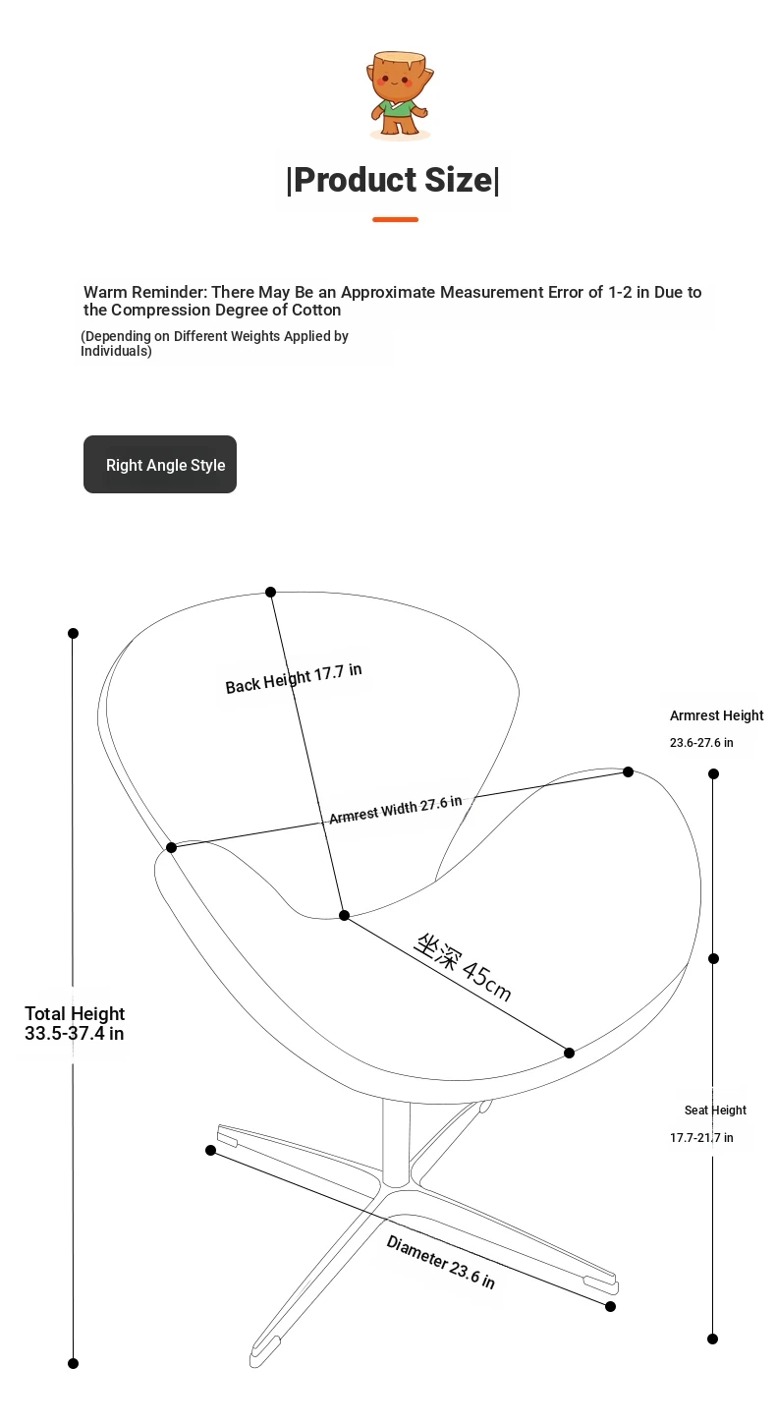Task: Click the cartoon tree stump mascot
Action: (x=400, y=94)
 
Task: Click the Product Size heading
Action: (x=393, y=180)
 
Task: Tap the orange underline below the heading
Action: (x=395, y=219)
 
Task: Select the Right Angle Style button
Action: (x=160, y=465)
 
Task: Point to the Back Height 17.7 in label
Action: (x=294, y=678)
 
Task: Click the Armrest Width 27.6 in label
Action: (x=395, y=810)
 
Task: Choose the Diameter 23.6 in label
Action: (x=440, y=1262)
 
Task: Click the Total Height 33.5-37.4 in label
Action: (x=75, y=1024)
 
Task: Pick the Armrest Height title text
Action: (x=716, y=715)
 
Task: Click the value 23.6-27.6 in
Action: (x=701, y=742)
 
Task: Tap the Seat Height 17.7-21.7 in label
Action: (x=707, y=1123)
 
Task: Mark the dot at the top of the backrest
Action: (x=270, y=593)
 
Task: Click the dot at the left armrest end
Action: (x=171, y=847)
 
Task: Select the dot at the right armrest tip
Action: (x=629, y=771)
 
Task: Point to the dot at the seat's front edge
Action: (x=570, y=1053)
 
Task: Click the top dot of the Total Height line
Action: (x=73, y=633)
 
